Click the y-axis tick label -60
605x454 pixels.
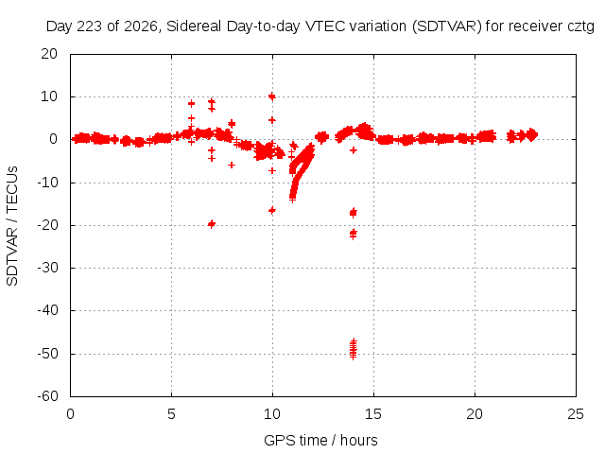tap(48, 396)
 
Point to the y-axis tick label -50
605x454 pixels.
tap(48, 354)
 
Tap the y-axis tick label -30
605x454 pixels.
tap(48, 268)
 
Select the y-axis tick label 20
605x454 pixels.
tap(49, 54)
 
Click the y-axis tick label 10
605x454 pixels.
tap(49, 96)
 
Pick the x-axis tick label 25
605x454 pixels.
tap(576, 414)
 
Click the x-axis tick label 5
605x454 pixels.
tap(171, 414)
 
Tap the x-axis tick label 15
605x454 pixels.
tap(373, 414)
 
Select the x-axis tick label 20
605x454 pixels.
tap(475, 414)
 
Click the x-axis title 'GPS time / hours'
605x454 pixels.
tap(320, 440)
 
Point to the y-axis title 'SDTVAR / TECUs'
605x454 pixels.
tap(12, 226)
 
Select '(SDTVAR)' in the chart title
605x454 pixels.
tap(447, 26)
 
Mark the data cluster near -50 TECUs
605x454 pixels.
tap(353, 349)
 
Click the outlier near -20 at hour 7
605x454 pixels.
tap(211, 224)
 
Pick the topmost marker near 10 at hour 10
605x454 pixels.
tap(272, 96)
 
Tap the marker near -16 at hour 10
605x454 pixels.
tap(272, 210)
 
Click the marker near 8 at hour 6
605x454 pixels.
tap(191, 103)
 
